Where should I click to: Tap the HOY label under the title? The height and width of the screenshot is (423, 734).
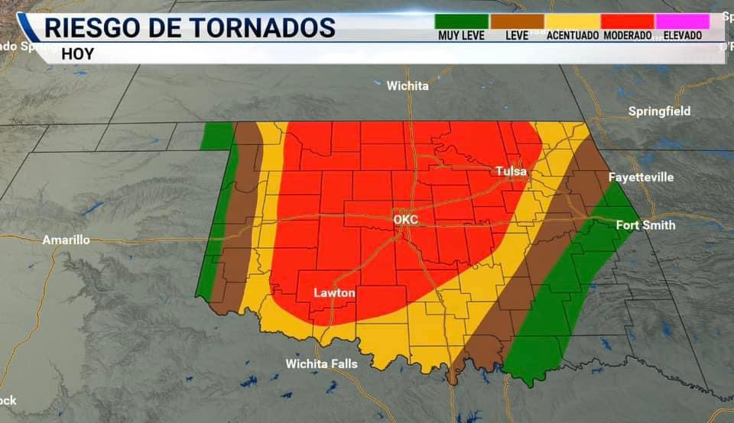tap(77, 53)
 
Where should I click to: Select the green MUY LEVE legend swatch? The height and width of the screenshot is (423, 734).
tap(461, 21)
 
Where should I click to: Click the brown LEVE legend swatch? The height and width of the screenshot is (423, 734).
tap(517, 21)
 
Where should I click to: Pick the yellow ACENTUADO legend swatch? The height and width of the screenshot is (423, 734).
tap(572, 21)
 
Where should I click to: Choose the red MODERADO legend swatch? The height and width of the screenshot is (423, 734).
tap(628, 21)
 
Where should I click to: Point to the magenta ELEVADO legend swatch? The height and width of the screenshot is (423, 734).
tap(683, 21)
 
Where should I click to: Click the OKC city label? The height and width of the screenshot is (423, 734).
tap(405, 220)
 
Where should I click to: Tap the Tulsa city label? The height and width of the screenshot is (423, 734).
tap(511, 172)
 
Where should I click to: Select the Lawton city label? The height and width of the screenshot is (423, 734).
tap(334, 292)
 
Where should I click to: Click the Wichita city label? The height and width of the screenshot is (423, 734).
tap(408, 86)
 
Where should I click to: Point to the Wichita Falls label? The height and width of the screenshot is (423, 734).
tap(321, 363)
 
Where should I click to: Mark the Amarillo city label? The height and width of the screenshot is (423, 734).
tap(66, 240)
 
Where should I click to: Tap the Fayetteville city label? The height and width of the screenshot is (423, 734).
tap(641, 177)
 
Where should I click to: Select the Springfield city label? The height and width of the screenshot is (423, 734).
tap(659, 111)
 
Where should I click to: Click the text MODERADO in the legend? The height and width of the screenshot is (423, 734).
tap(628, 36)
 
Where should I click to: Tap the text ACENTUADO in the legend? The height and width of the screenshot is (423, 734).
tap(572, 36)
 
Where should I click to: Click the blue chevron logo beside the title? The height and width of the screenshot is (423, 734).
tap(29, 31)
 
